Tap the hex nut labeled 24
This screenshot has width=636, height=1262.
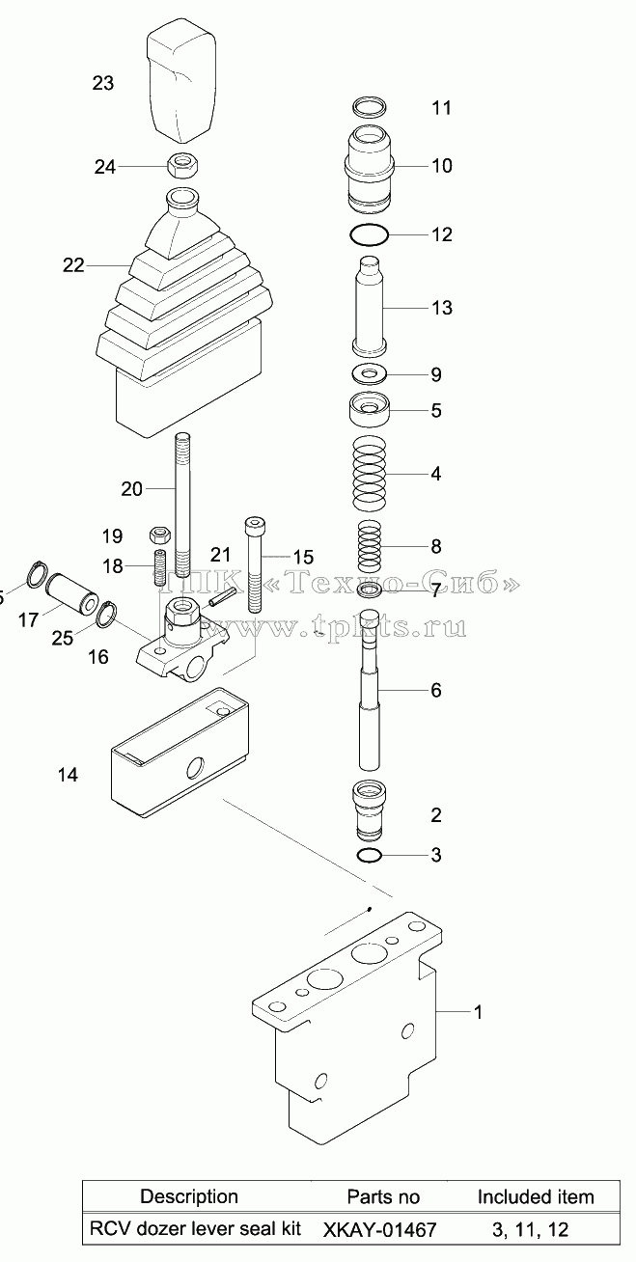coord(183,165)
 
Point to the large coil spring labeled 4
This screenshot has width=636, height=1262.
coord(370,471)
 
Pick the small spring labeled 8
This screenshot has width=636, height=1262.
coord(370,545)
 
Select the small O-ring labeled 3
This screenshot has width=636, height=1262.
coord(370,855)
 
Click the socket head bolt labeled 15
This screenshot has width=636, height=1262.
coord(253,564)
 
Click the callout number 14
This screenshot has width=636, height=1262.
coord(68,775)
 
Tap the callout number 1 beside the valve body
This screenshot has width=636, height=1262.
coord(478,1012)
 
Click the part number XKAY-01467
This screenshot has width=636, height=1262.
coord(379,1229)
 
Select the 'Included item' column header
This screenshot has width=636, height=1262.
coord(536,1196)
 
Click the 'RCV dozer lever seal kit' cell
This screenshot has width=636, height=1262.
coord(196,1228)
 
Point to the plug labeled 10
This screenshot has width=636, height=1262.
coord(369,169)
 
